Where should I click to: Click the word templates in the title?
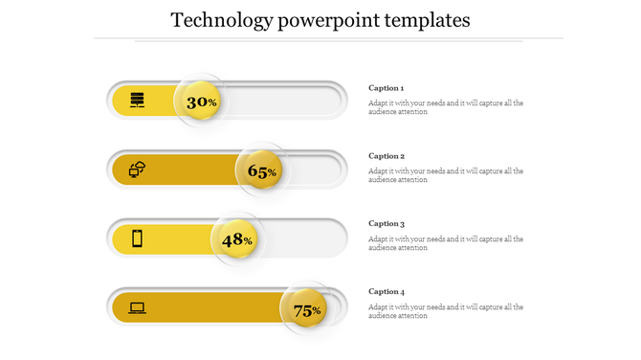(x=426, y=20)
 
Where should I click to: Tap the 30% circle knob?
(x=201, y=101)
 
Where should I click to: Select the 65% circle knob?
(x=261, y=170)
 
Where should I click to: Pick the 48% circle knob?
(x=236, y=239)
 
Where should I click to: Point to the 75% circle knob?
(x=306, y=309)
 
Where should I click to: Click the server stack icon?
(x=138, y=100)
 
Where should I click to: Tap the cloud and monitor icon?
(x=138, y=169)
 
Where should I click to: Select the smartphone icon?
(x=138, y=238)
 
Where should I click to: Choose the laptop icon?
(x=138, y=307)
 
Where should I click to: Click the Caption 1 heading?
(x=387, y=88)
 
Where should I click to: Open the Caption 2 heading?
(x=387, y=156)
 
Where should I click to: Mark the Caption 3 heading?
(x=387, y=224)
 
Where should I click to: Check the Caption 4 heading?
(x=387, y=292)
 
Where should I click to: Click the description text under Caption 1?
(x=445, y=107)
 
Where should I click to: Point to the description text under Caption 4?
(x=445, y=311)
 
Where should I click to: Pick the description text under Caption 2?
(x=445, y=175)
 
